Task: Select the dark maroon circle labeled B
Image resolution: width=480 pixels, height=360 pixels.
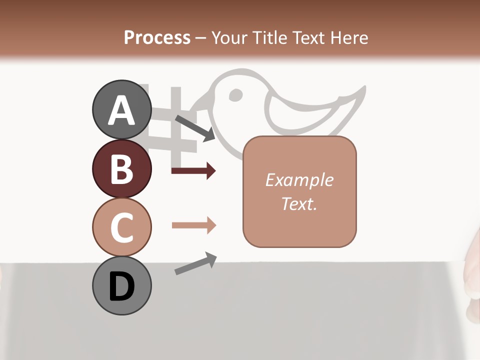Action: point(121,168)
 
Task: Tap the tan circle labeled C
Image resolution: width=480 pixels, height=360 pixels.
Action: point(121,226)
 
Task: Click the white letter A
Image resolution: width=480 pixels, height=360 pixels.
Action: point(121,110)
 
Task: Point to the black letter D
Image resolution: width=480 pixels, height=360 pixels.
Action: point(121,286)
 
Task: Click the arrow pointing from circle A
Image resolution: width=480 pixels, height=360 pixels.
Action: point(195,128)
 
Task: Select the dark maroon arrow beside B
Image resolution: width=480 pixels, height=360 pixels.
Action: point(193,171)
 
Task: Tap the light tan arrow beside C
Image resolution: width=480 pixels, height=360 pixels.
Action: point(194,225)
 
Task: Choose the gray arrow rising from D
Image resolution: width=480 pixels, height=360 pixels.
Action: point(195,263)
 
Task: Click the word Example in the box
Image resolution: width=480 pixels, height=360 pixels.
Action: point(299,180)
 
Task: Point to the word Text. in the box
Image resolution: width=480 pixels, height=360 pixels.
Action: point(299,203)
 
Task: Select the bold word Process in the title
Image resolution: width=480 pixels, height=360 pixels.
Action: point(157,37)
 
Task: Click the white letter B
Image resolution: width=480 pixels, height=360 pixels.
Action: point(121,168)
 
